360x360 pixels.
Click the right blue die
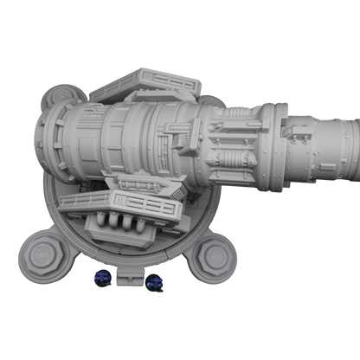[157, 281]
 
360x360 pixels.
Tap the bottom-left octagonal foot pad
[42, 254]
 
